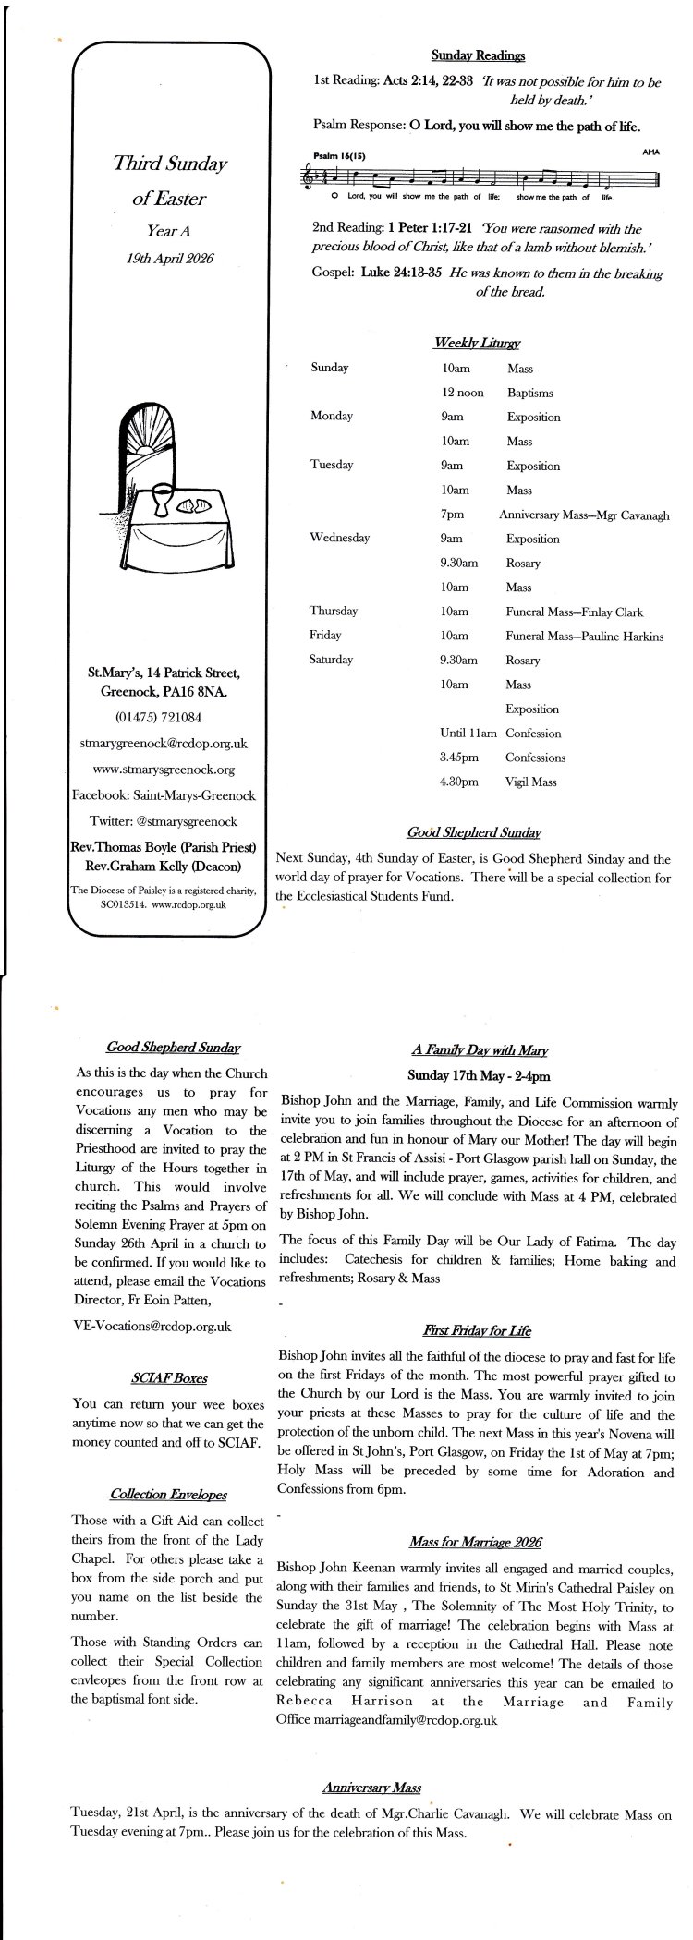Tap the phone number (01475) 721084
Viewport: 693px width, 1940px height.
tap(159, 717)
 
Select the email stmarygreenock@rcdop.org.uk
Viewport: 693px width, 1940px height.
tap(164, 743)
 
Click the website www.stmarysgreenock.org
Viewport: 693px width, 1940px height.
tap(164, 769)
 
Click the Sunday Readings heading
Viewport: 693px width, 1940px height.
tap(478, 56)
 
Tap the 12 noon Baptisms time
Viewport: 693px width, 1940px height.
tap(462, 393)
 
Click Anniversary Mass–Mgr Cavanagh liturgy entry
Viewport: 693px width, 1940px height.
tap(584, 515)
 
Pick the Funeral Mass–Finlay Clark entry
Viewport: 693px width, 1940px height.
tap(574, 612)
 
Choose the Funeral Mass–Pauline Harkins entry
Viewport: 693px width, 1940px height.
tap(584, 636)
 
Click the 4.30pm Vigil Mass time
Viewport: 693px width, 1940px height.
tap(459, 782)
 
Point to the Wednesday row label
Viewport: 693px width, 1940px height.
tap(339, 538)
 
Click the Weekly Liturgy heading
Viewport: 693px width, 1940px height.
tap(477, 343)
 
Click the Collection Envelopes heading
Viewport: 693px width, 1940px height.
tap(168, 1494)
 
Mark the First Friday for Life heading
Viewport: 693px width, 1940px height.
tap(476, 1330)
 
